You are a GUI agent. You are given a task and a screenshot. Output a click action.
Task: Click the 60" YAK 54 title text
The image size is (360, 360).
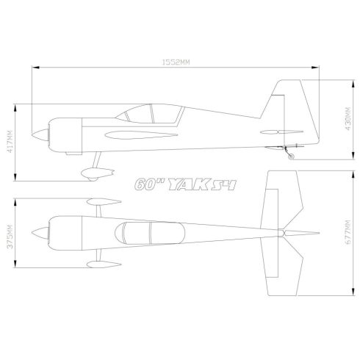tap(184, 185)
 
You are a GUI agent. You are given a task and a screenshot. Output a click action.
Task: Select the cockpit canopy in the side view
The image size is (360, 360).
tap(153, 113)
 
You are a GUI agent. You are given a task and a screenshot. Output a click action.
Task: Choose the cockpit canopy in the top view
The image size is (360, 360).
tap(150, 232)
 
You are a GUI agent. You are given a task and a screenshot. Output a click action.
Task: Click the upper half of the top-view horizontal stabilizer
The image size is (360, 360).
tap(284, 198)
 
